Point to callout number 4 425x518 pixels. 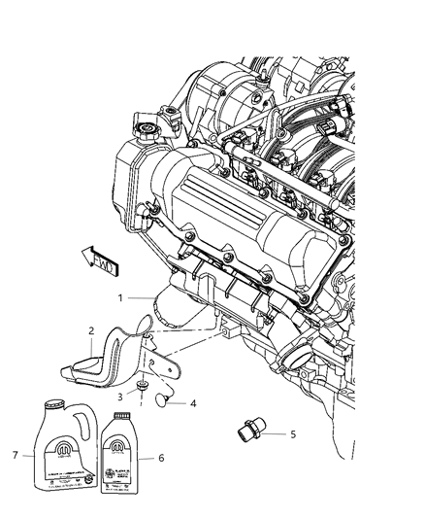coord(192,401)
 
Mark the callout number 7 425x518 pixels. coord(16,454)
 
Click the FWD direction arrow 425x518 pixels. coord(97,259)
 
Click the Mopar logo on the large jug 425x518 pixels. coord(55,450)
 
